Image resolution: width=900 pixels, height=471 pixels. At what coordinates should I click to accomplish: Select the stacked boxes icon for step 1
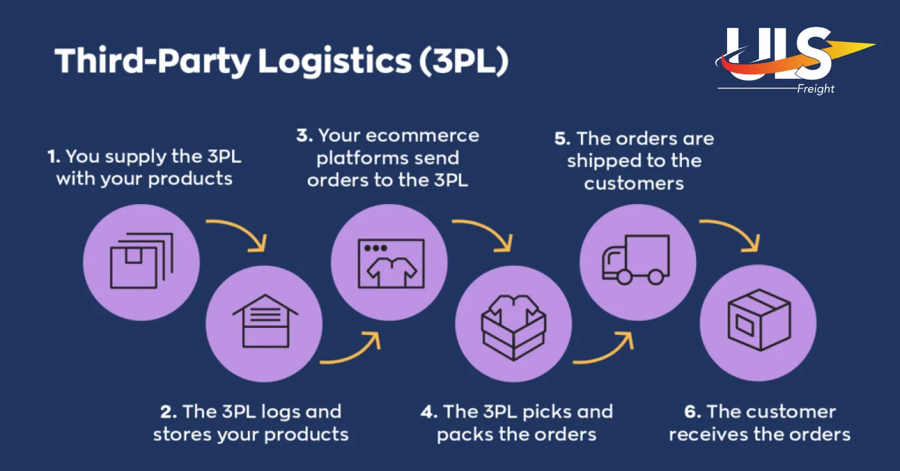pyautogui.click(x=141, y=261)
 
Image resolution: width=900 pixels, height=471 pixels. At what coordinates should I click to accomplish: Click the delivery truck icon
pyautogui.click(x=636, y=259)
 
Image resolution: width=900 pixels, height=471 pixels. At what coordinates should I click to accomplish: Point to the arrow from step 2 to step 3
pyautogui.click(x=352, y=350)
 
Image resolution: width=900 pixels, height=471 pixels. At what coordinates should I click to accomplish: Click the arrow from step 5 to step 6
pyautogui.click(x=731, y=233)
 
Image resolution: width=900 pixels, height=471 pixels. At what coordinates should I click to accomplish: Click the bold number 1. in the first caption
pyautogui.click(x=54, y=156)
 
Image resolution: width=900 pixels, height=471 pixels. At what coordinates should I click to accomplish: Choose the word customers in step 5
pyautogui.click(x=634, y=184)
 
